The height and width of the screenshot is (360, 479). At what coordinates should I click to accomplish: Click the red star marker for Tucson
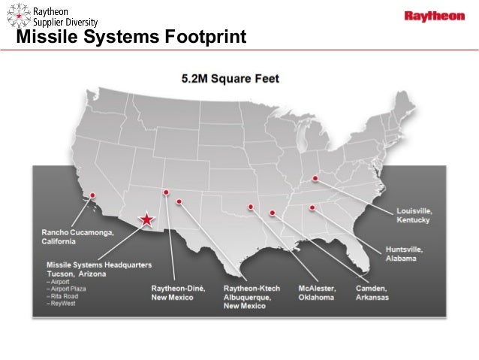point(147,219)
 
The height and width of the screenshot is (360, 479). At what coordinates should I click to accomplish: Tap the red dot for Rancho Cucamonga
point(93,195)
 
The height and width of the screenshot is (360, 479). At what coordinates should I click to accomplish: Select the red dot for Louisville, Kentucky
point(315,179)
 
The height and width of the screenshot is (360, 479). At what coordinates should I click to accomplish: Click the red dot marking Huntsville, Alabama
point(312,207)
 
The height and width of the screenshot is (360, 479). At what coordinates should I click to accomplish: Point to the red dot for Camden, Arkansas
point(273,213)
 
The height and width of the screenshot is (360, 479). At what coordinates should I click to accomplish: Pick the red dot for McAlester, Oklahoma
point(251,207)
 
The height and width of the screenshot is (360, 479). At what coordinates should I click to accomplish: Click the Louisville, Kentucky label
point(414,216)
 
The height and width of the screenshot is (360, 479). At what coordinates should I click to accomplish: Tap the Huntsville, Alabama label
point(405,253)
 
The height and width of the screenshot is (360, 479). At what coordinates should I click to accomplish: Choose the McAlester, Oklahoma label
point(316,292)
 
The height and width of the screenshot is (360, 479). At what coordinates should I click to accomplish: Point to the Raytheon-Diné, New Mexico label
point(172,292)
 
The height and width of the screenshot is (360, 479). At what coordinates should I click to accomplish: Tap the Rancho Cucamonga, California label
point(78,237)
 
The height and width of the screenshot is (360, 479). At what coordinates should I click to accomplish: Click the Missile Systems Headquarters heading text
point(99,265)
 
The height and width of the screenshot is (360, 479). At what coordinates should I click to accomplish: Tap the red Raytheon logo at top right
point(435,16)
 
